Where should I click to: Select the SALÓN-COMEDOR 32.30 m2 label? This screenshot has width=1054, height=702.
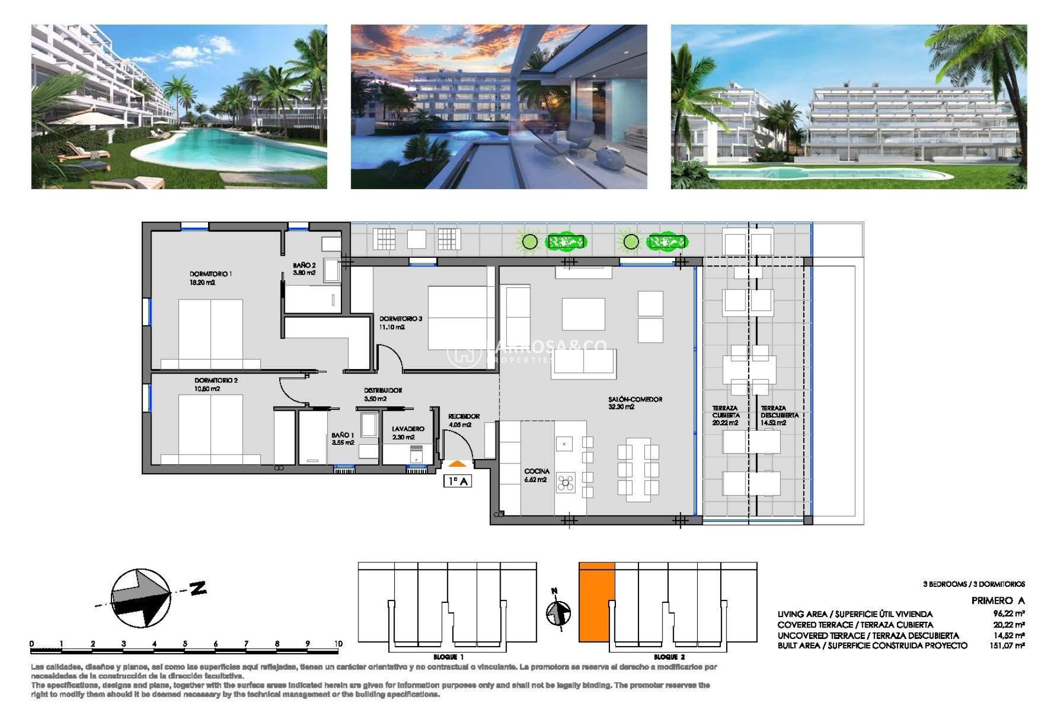click(635, 403)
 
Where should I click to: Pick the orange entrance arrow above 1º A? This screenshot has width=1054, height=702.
click(457, 464)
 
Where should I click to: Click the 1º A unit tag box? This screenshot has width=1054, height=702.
click(457, 481)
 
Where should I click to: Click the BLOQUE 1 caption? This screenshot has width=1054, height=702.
click(448, 657)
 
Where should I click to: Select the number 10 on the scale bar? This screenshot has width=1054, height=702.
click(338, 644)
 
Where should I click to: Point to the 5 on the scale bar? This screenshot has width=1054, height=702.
click(185, 644)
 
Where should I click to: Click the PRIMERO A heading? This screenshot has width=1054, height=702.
click(997, 601)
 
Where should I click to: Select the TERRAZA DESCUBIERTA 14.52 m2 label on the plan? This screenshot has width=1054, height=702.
click(779, 416)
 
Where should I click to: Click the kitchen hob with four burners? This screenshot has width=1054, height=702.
click(565, 483)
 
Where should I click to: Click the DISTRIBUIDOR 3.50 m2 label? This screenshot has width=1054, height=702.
click(383, 394)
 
